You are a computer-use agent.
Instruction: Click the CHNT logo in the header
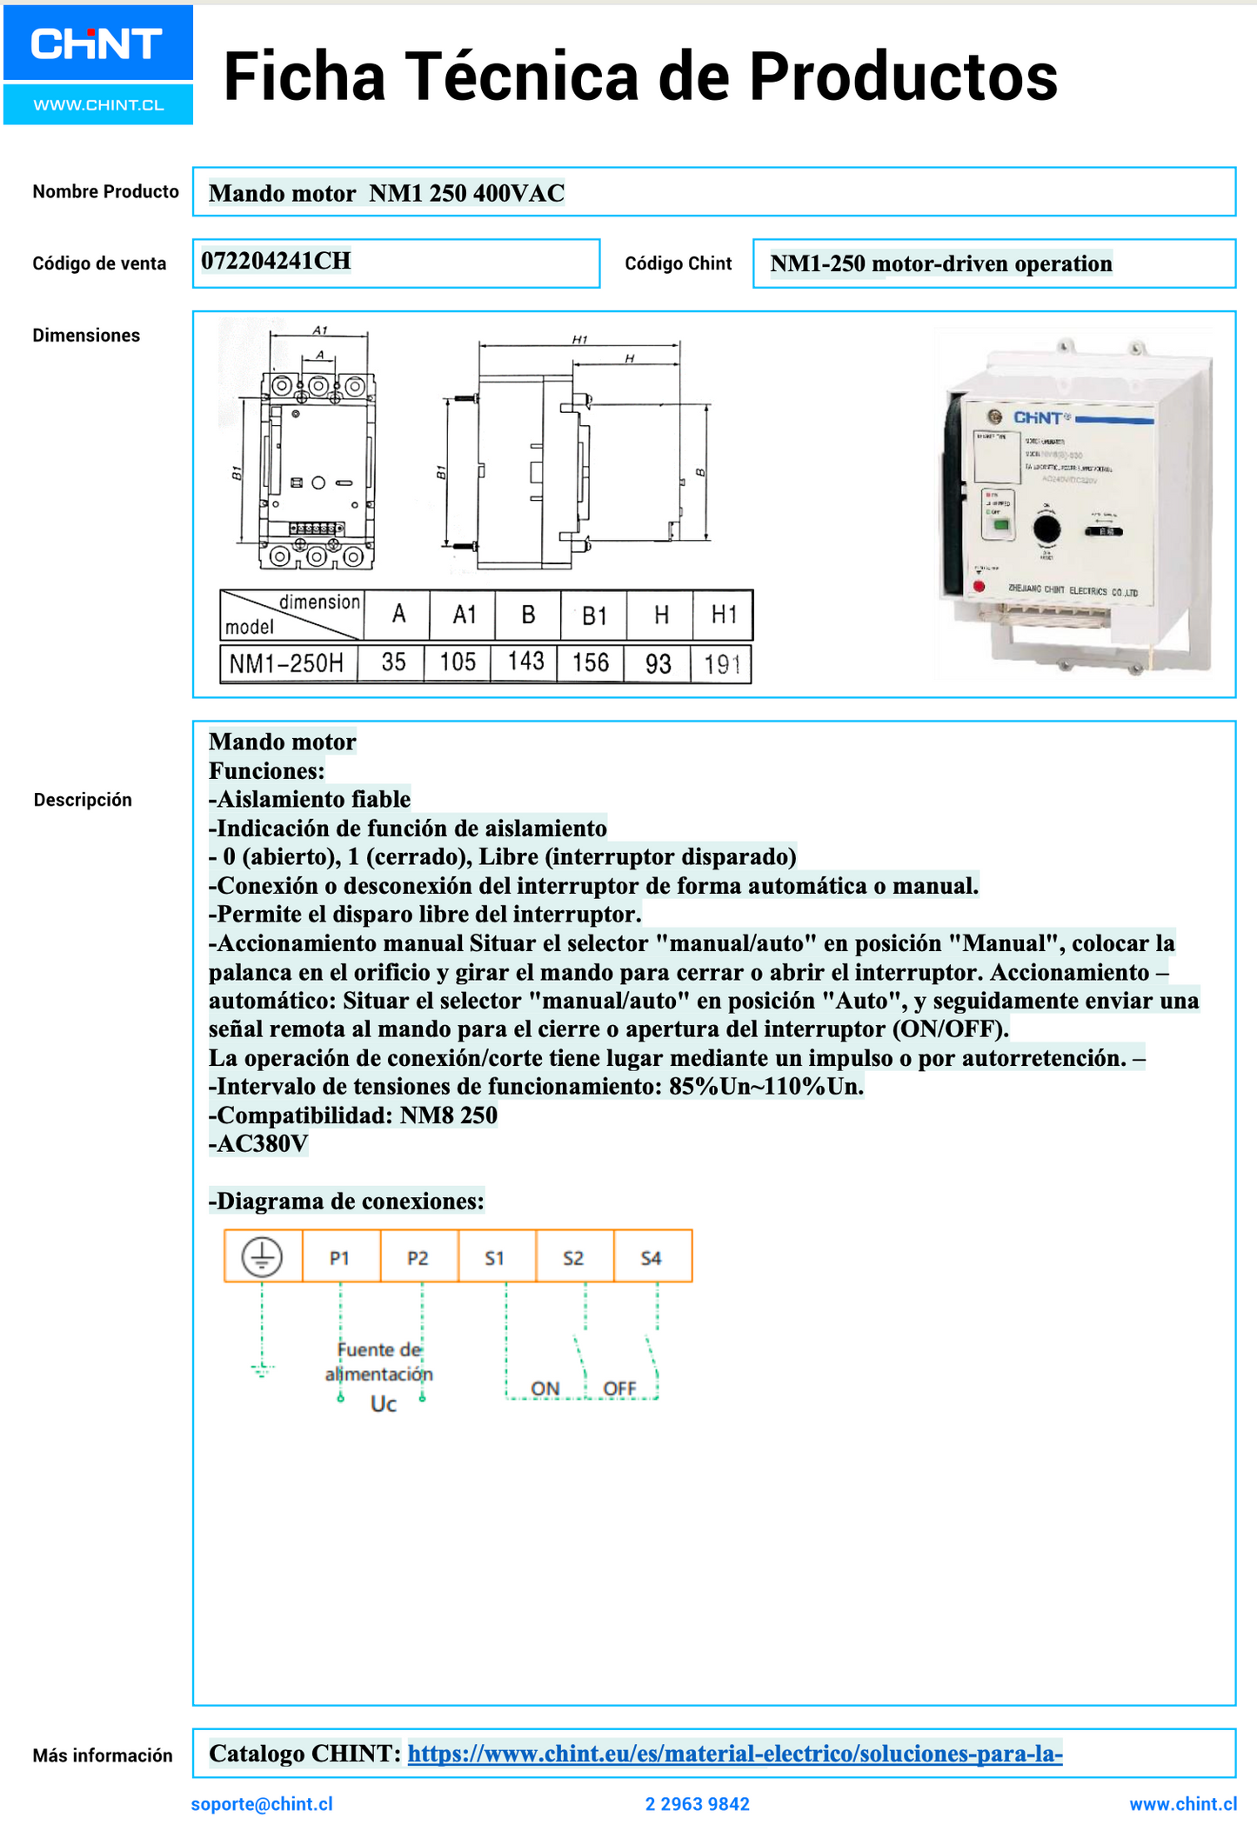point(97,43)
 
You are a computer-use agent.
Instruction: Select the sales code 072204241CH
point(276,261)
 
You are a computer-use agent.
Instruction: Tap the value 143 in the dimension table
point(525,662)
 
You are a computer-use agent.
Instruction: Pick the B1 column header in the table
point(594,616)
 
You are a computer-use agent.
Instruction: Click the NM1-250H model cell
point(287,663)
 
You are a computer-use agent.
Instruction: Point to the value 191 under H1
point(722,665)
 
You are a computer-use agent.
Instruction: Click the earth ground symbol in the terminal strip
point(262,1257)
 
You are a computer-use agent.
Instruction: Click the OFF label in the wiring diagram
point(619,1388)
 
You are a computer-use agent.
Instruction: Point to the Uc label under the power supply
point(384,1404)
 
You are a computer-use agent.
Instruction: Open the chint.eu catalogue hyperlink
point(735,1754)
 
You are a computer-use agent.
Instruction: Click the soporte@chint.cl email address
point(262,1804)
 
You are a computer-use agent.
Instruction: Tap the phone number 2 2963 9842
point(697,1804)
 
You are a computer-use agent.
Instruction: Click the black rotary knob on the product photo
point(1046,529)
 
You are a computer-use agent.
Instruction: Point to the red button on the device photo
point(979,587)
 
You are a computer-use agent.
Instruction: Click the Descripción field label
point(83,800)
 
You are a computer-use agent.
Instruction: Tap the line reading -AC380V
point(258,1144)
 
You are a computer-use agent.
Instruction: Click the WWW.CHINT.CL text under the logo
point(98,105)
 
